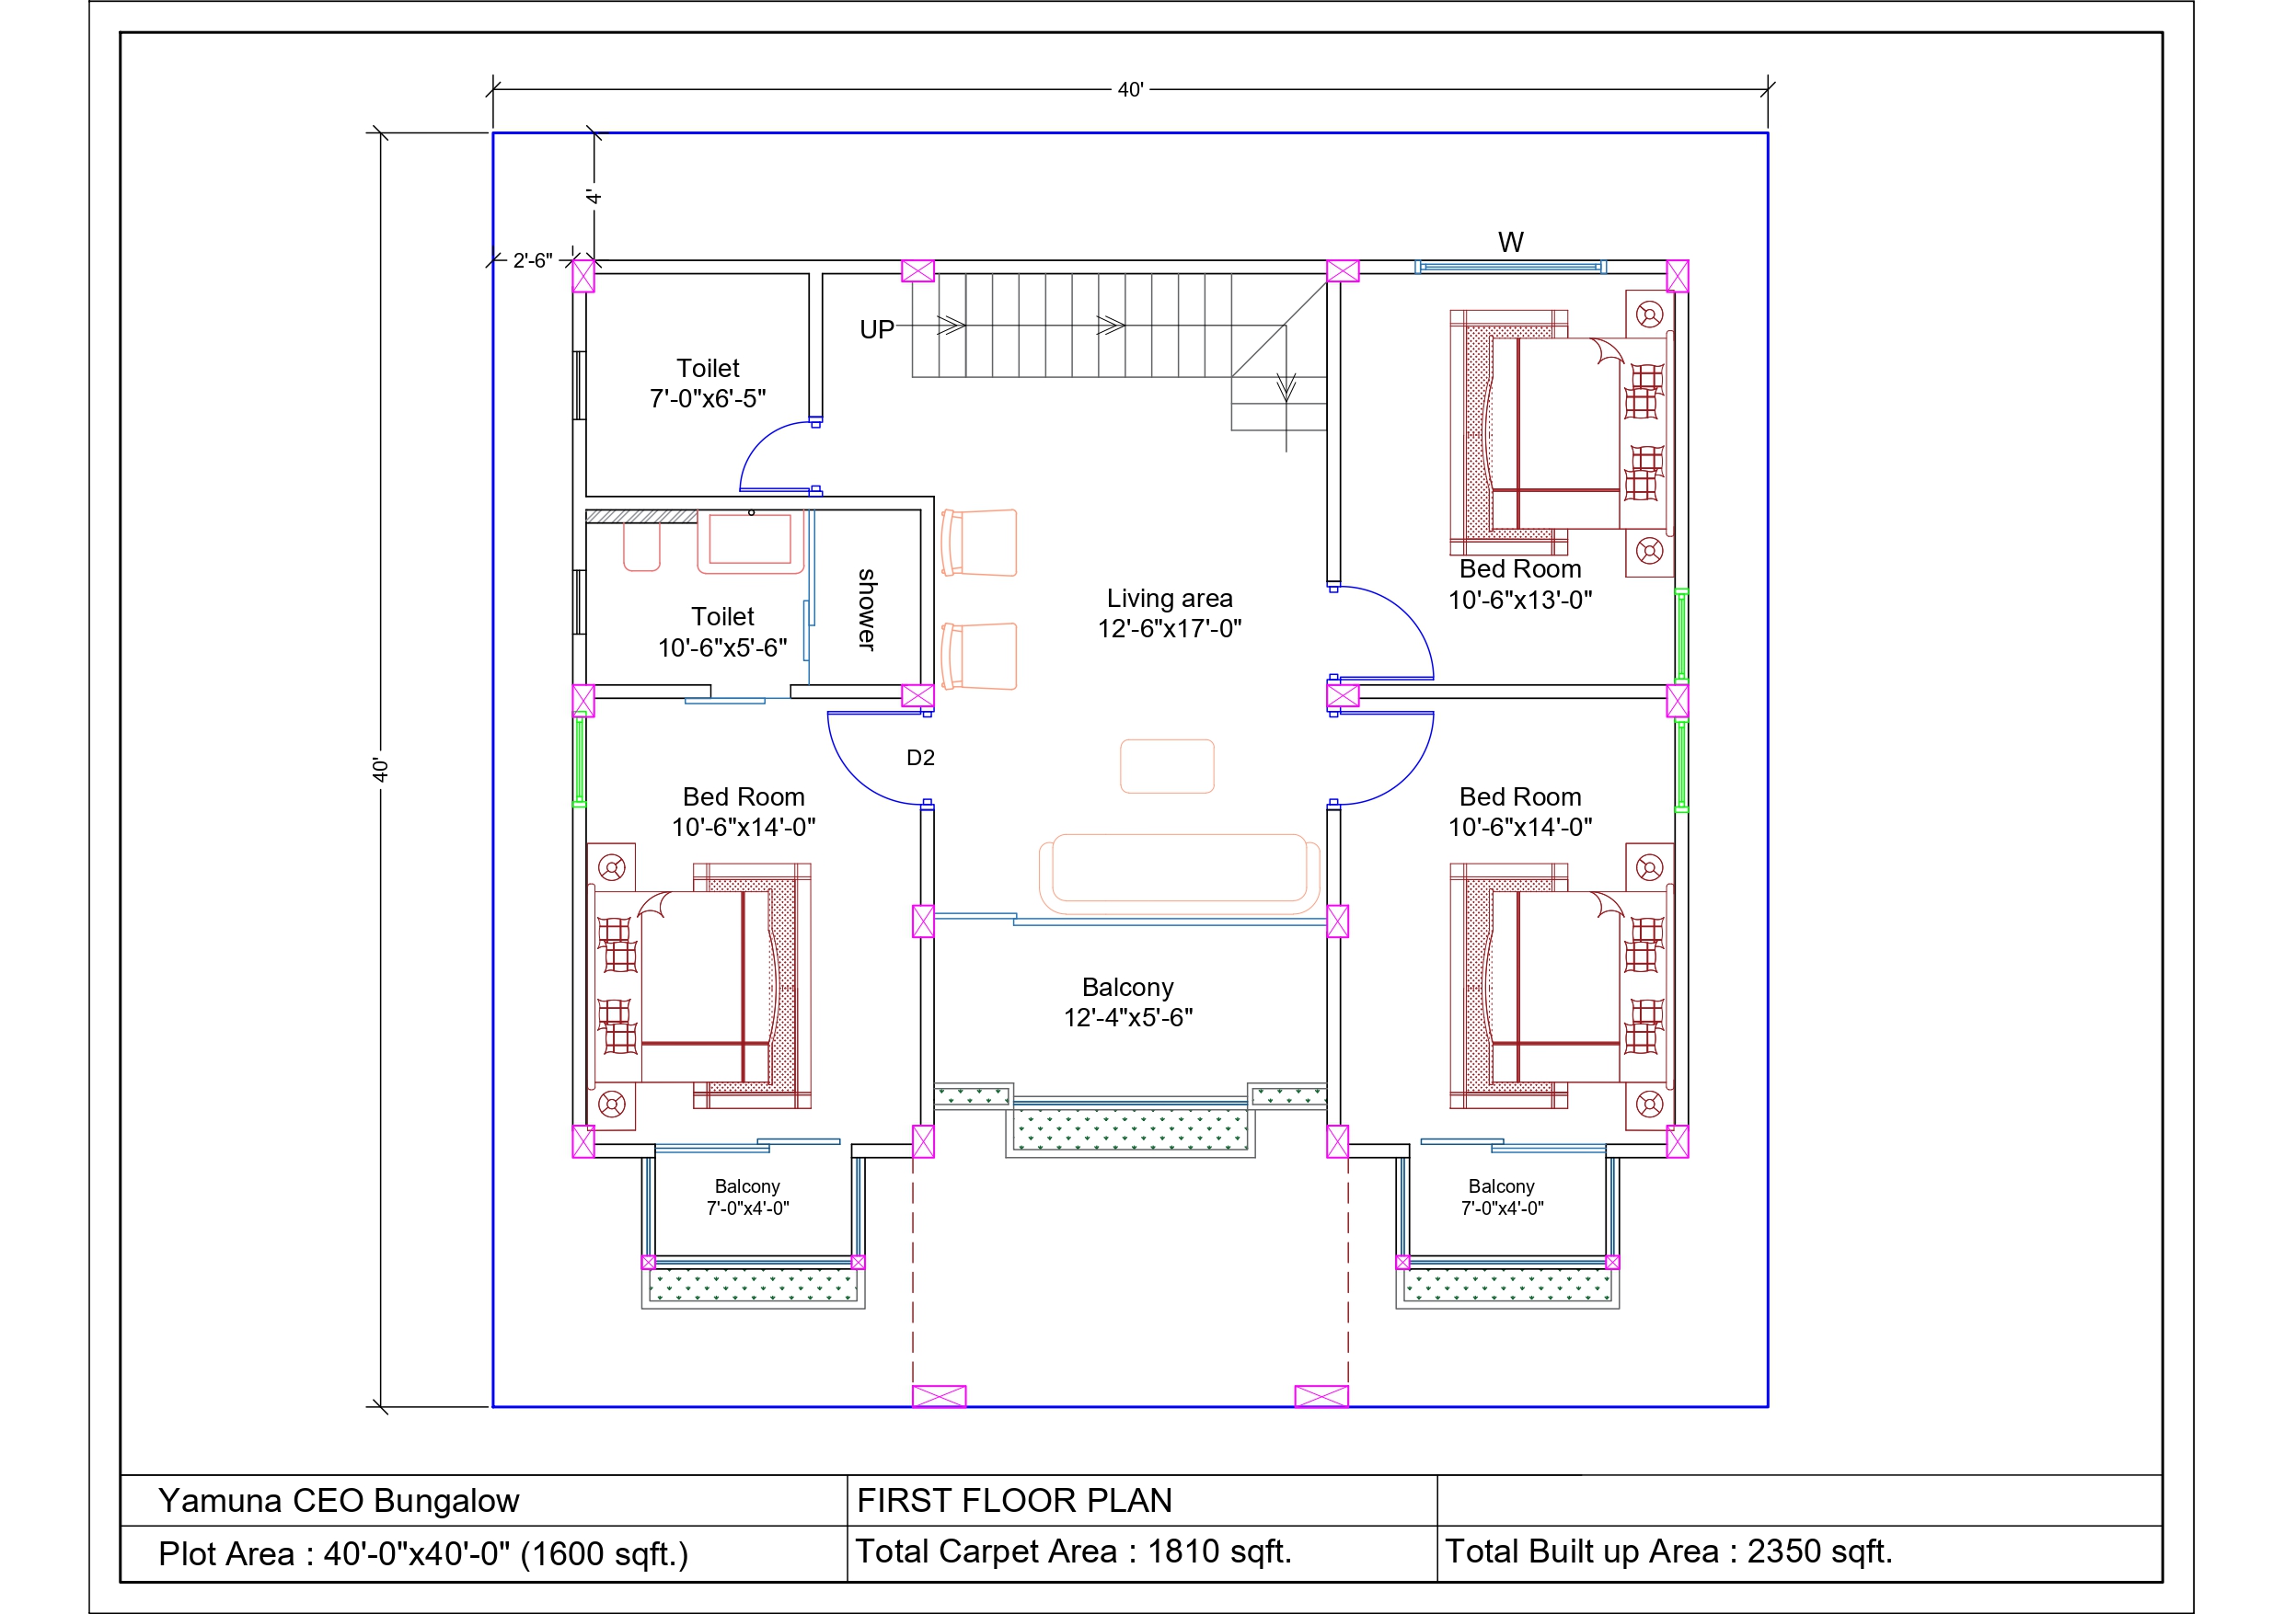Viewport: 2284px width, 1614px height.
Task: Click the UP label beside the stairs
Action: pos(876,329)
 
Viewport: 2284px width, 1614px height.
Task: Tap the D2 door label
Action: pos(920,758)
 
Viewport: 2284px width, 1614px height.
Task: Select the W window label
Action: pos(1510,242)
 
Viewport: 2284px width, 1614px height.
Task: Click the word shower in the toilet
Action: pos(867,610)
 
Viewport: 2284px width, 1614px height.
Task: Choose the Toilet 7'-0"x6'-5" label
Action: pos(709,383)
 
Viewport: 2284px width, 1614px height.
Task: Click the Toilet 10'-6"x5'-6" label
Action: pos(723,632)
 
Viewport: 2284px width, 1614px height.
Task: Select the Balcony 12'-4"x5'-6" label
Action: pos(1128,1002)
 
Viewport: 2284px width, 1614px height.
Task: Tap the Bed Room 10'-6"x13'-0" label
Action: pos(1520,584)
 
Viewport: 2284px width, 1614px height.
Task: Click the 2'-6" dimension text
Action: pos(532,260)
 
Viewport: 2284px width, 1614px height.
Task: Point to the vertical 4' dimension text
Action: pos(594,196)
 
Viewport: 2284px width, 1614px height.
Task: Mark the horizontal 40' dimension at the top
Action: pos(1130,89)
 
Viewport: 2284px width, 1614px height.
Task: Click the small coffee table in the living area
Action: pos(1167,766)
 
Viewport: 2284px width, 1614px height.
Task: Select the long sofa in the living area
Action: pos(1179,874)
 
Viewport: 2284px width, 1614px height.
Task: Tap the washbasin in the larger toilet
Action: pos(750,542)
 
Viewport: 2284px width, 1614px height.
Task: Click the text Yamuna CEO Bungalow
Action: pos(339,1500)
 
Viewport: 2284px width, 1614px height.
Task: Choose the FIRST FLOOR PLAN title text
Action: pos(1015,1500)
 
